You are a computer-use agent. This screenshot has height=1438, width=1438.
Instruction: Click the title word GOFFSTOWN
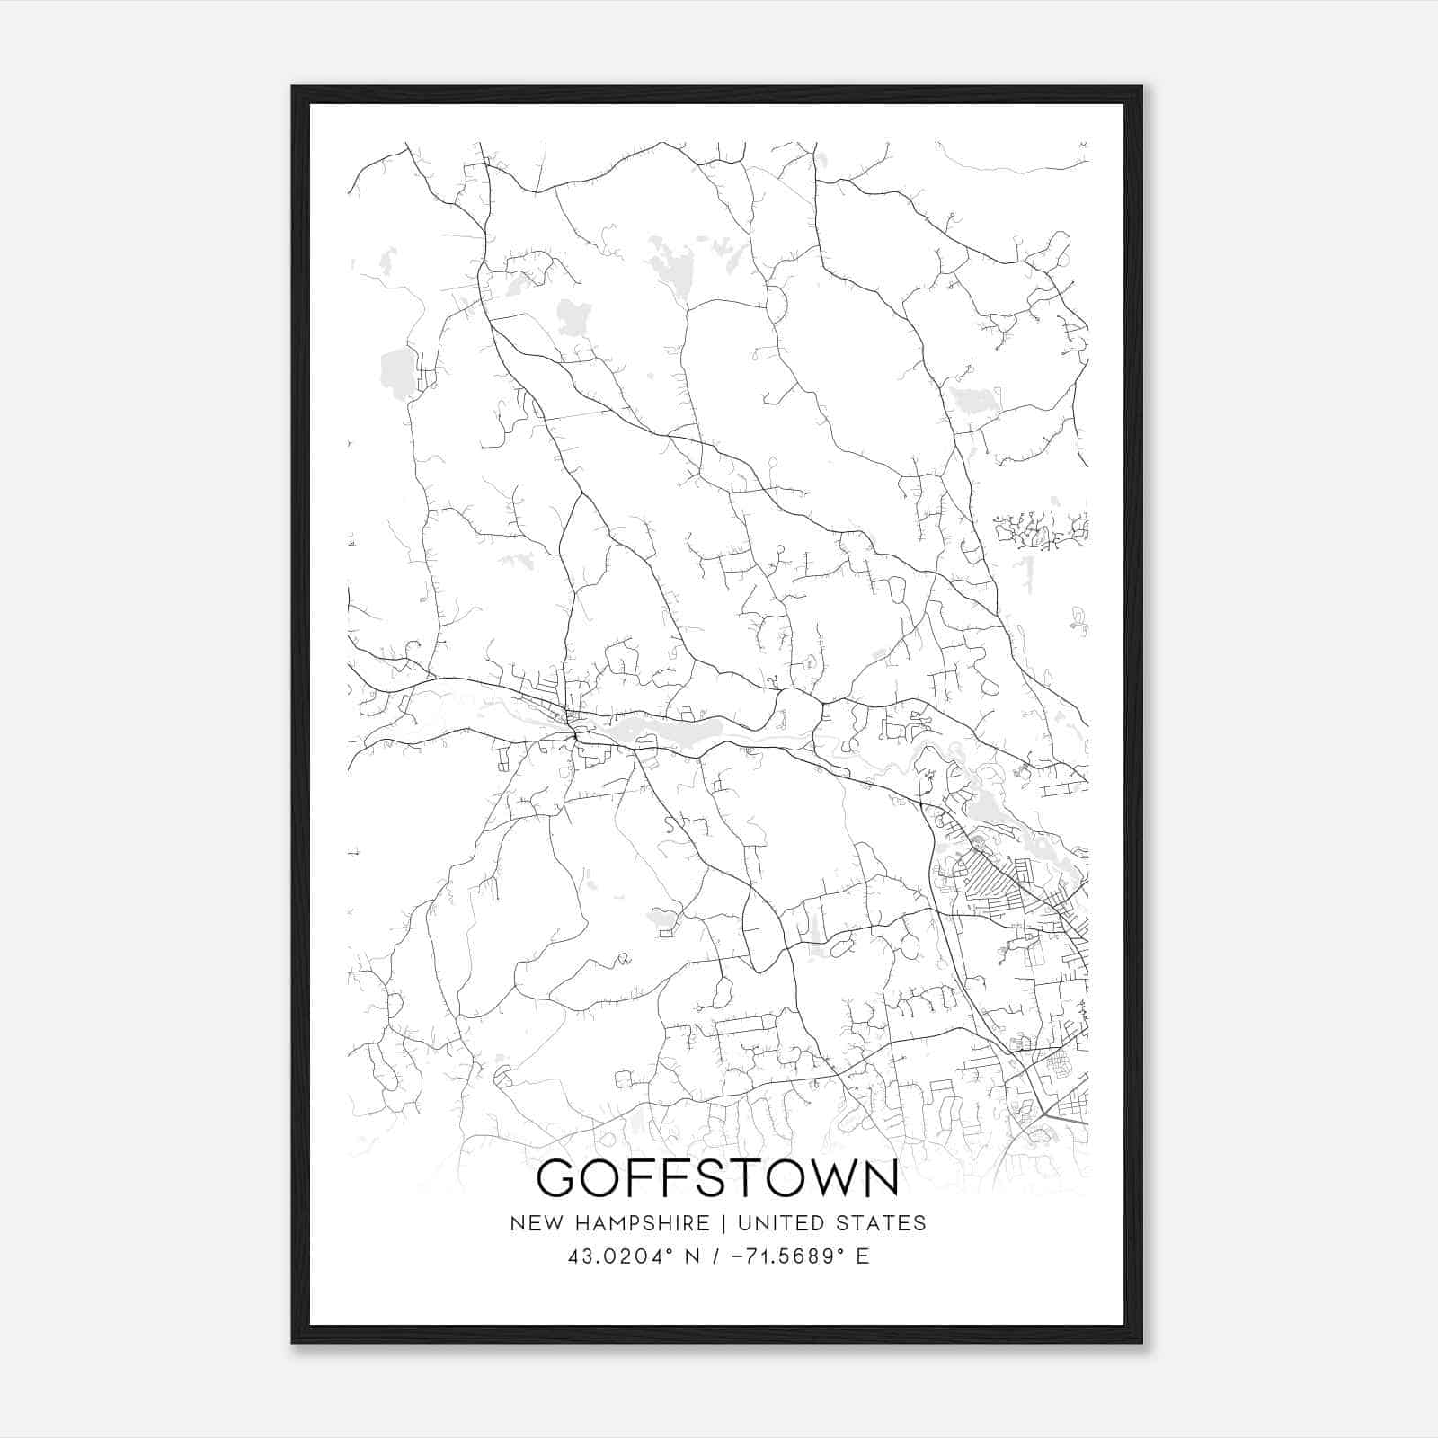pyautogui.click(x=717, y=1180)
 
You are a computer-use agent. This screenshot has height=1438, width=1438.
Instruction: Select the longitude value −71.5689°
pyautogui.click(x=785, y=1256)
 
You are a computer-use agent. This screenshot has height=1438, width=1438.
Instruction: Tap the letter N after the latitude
pyautogui.click(x=693, y=1256)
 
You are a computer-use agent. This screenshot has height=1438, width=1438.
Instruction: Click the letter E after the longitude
pyautogui.click(x=862, y=1256)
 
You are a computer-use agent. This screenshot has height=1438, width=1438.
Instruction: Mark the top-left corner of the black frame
pyautogui.click(x=293, y=87)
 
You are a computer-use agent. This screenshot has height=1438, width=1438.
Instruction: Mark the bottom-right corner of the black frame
pyautogui.click(x=1141, y=1342)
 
